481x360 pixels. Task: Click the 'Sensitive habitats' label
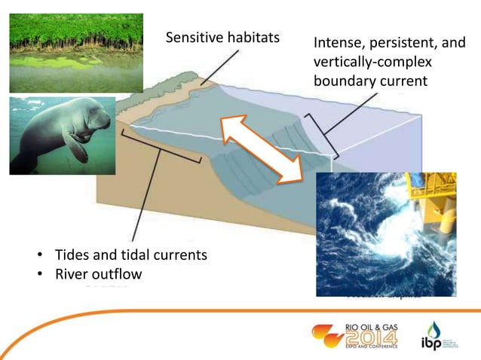coord(222,38)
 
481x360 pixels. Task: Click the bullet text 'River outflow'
coord(97,274)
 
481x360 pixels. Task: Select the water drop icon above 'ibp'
coord(434,328)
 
